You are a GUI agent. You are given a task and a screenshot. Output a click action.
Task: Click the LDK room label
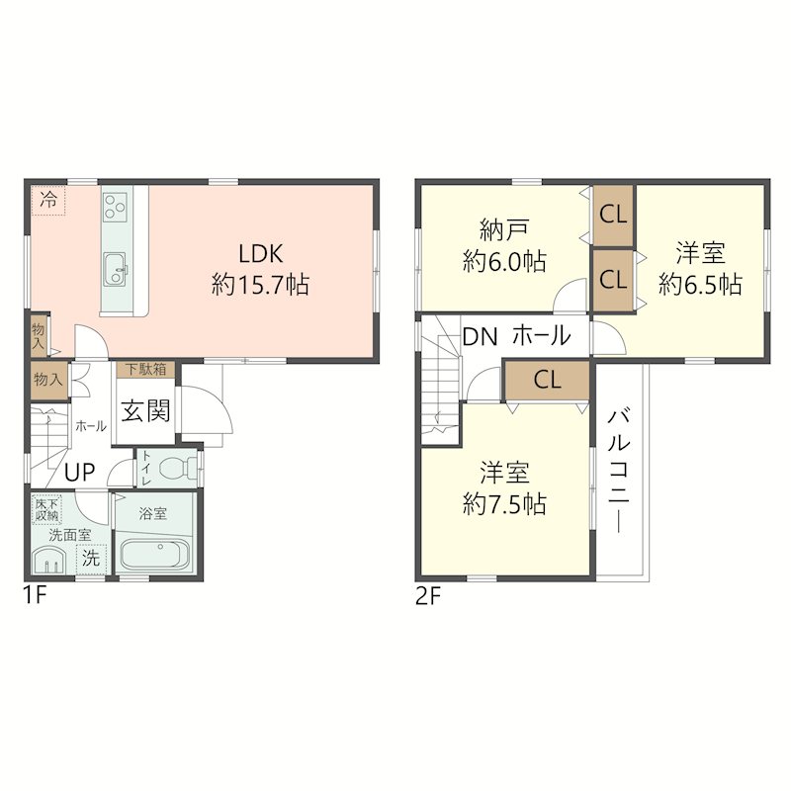pyautogui.click(x=261, y=254)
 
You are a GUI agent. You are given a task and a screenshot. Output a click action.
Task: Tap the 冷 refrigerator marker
pyautogui.click(x=48, y=201)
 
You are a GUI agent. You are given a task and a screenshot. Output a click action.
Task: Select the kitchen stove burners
pyautogui.click(x=116, y=207)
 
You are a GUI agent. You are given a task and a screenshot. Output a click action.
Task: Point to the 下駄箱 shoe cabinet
pyautogui.click(x=145, y=369)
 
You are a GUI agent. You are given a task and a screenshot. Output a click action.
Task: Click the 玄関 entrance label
pyautogui.click(x=145, y=410)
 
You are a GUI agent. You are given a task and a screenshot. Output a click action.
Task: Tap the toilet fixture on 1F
pyautogui.click(x=178, y=468)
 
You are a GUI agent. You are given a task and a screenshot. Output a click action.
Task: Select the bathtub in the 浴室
pyautogui.click(x=154, y=555)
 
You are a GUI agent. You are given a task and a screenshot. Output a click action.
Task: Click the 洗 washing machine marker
pyautogui.click(x=91, y=559)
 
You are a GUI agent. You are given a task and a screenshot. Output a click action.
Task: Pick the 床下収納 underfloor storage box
pyautogui.click(x=46, y=509)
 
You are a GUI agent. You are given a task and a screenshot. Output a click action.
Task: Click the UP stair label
pyautogui.click(x=80, y=473)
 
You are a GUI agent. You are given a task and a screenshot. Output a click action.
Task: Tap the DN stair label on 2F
pyautogui.click(x=481, y=337)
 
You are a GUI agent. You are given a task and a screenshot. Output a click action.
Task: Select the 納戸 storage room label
pyautogui.click(x=504, y=230)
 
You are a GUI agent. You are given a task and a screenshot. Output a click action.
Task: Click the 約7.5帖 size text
pyautogui.click(x=504, y=503)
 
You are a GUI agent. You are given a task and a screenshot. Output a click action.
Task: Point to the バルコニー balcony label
pyautogui.click(x=619, y=471)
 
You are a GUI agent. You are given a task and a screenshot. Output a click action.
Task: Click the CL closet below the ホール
pyautogui.click(x=548, y=380)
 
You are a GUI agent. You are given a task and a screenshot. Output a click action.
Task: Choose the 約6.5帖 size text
pyautogui.click(x=700, y=285)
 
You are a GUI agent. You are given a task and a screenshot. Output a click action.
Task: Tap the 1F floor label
pyautogui.click(x=35, y=597)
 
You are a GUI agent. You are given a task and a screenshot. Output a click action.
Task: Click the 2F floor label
pyautogui.click(x=428, y=597)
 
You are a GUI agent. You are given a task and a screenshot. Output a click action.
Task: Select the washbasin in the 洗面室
pyautogui.click(x=49, y=561)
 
